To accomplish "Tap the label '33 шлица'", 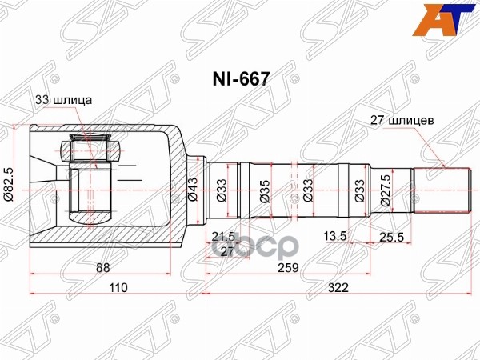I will click(x=64, y=101).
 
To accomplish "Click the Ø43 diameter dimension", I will click(x=193, y=190).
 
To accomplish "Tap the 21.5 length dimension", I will click(x=223, y=236).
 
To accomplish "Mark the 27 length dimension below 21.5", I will click(x=226, y=250).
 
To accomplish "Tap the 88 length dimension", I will click(x=101, y=269).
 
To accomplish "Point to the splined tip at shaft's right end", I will click(x=439, y=190).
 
